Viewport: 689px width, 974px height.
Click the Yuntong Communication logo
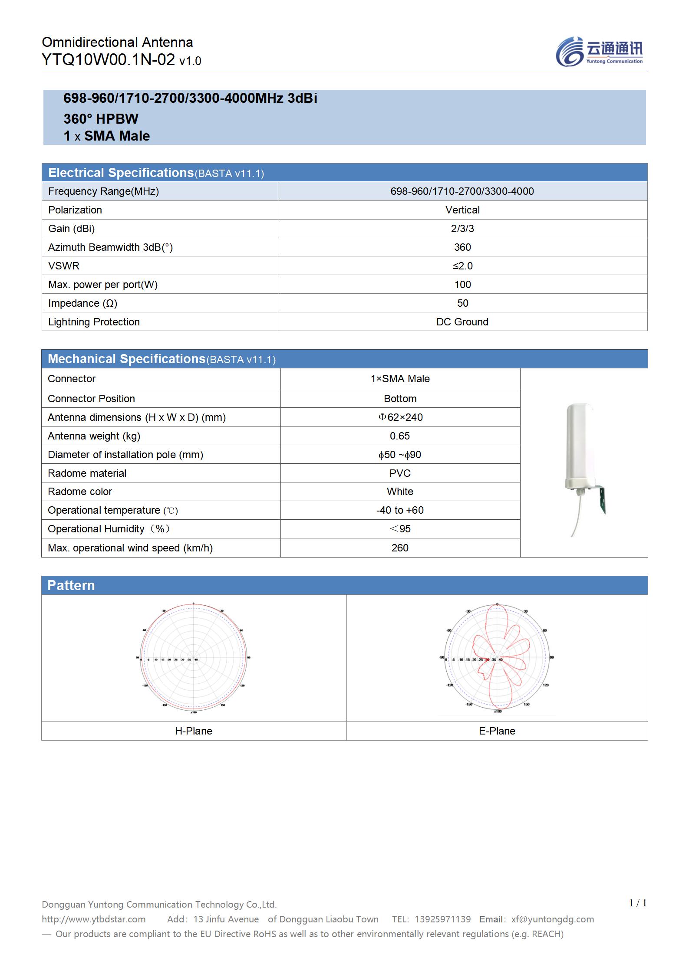tap(599, 51)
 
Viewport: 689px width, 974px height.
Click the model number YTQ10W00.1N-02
tap(108, 60)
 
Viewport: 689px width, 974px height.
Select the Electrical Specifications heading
tap(121, 173)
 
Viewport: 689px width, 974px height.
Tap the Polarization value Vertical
tap(462, 210)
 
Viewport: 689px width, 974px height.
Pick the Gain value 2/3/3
tap(462, 229)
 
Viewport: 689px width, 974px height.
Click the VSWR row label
tap(64, 266)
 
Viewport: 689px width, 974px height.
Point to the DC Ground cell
tap(462, 322)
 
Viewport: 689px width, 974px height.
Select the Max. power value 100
tap(462, 285)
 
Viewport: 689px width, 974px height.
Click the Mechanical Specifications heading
tap(126, 359)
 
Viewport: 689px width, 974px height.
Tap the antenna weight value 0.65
tap(400, 436)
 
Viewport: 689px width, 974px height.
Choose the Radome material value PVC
tap(400, 473)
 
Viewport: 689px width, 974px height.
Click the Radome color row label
tap(80, 492)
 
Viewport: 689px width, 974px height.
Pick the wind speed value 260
tap(400, 548)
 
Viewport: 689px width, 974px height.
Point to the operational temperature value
tap(400, 510)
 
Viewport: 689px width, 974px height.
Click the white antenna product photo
tap(584, 464)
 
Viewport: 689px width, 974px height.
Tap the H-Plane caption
tap(194, 731)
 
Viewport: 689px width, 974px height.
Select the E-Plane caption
tap(497, 731)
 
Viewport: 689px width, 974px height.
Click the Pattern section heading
tap(71, 585)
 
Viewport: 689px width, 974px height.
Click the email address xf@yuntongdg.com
tap(553, 919)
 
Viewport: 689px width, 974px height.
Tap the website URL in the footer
tap(94, 919)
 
